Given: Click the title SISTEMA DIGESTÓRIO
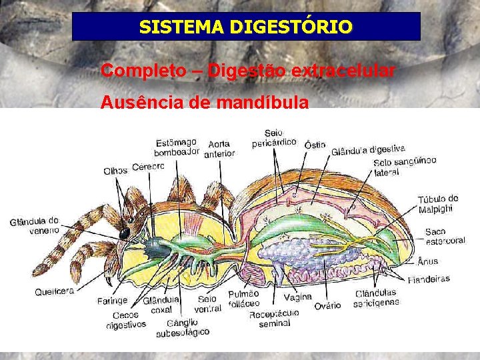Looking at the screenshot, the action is (x=246, y=27).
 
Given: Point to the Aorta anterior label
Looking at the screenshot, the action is (x=219, y=149).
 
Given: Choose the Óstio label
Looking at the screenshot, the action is (x=315, y=145).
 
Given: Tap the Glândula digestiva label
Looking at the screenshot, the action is (x=368, y=150).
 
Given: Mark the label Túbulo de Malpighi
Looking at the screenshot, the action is (x=438, y=204).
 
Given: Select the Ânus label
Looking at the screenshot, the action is (x=427, y=261).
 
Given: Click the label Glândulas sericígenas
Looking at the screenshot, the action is (x=377, y=297).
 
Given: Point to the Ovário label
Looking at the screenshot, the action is (x=327, y=305).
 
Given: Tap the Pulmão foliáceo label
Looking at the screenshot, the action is (x=243, y=299).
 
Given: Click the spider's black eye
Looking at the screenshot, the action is (x=125, y=233).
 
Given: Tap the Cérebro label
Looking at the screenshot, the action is (x=148, y=167).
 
